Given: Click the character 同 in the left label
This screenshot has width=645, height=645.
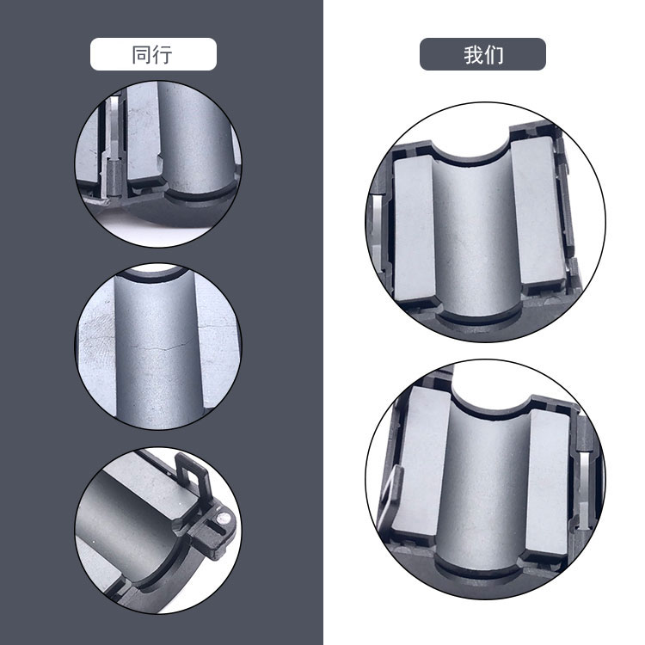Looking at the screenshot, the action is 142,55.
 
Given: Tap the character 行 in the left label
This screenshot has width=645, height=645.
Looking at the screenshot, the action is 163,55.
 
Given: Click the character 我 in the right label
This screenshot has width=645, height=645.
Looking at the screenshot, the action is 473,55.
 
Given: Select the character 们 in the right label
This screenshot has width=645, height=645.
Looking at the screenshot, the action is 494,55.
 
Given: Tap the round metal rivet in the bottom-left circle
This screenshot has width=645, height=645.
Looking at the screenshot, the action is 224,519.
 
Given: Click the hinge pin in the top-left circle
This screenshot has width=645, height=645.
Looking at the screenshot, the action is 114,175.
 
